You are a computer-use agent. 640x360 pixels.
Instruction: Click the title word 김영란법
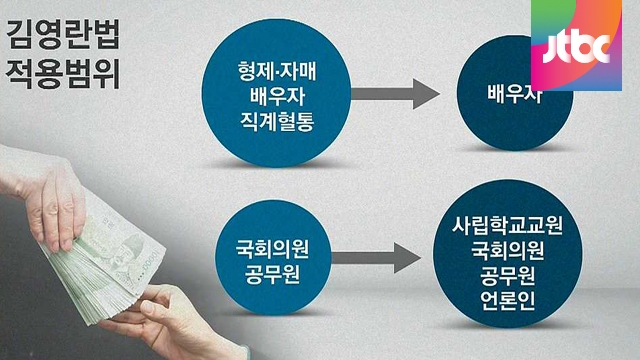[63, 35]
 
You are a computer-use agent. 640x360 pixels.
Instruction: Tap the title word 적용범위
[63, 73]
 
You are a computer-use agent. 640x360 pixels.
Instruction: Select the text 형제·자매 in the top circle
[277, 71]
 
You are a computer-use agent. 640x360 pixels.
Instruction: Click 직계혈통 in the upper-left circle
[277, 121]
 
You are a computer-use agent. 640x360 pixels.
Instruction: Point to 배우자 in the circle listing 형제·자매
[277, 96]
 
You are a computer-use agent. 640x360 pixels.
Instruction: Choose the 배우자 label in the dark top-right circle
[514, 93]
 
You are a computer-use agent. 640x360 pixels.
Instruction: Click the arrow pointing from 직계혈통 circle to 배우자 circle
[395, 94]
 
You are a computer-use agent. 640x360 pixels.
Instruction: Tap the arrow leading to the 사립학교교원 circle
[376, 258]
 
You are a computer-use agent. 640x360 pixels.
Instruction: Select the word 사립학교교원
[507, 225]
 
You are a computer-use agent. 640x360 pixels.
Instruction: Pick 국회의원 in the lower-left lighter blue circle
[272, 248]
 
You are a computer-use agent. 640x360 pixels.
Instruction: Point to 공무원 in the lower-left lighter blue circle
[272, 273]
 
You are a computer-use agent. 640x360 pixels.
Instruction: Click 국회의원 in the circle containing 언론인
[507, 251]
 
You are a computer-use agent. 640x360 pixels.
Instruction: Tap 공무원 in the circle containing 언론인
[507, 276]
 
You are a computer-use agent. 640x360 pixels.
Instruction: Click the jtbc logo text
[576, 49]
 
